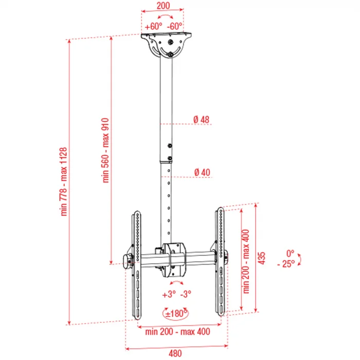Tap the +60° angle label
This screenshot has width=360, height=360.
point(153,26)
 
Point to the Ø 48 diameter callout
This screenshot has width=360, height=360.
point(202,120)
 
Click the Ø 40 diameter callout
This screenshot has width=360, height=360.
point(202,172)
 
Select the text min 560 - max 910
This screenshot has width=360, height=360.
point(106,151)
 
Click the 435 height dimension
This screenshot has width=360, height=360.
point(261,258)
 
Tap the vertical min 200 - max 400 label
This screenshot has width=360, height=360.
point(246,260)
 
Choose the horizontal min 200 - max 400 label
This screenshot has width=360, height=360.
point(177,332)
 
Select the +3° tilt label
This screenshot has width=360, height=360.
point(168,295)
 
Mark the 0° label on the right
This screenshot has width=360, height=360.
point(290,253)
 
